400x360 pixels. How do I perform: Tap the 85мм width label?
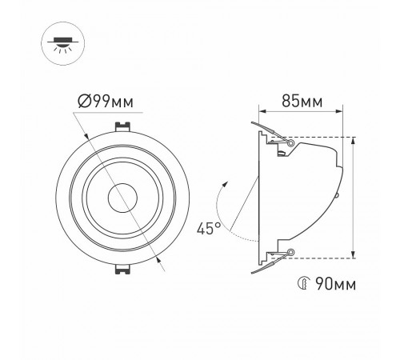[x=303, y=102]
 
